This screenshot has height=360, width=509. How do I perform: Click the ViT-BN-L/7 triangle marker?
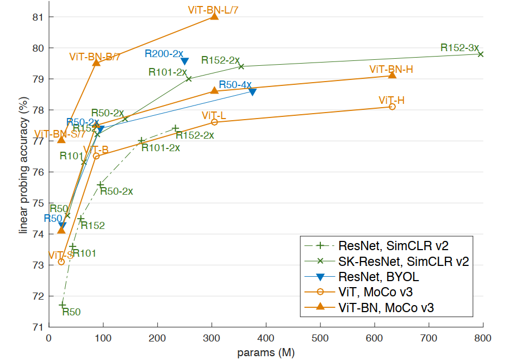tap(214, 16)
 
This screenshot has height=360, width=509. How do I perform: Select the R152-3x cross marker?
tap(481, 54)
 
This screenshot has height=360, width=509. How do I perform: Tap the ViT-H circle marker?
tap(392, 107)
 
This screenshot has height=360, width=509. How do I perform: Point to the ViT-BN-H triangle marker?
tap(392, 75)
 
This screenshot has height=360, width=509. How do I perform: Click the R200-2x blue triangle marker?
tap(185, 61)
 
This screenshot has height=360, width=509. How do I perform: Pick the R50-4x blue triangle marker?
tap(252, 92)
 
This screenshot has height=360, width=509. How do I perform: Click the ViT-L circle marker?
tap(214, 122)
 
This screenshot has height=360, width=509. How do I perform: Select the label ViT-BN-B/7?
tap(95, 57)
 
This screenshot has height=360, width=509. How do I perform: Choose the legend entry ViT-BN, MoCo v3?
tap(386, 307)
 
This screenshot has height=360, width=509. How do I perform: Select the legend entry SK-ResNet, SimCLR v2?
tap(403, 261)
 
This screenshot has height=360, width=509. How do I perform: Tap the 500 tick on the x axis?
tap(320, 337)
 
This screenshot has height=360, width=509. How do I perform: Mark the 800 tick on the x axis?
tap(483, 337)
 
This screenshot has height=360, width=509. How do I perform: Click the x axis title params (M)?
tap(266, 352)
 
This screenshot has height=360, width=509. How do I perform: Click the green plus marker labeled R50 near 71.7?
tap(62, 306)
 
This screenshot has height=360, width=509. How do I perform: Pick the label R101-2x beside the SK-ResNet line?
tap(167, 72)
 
